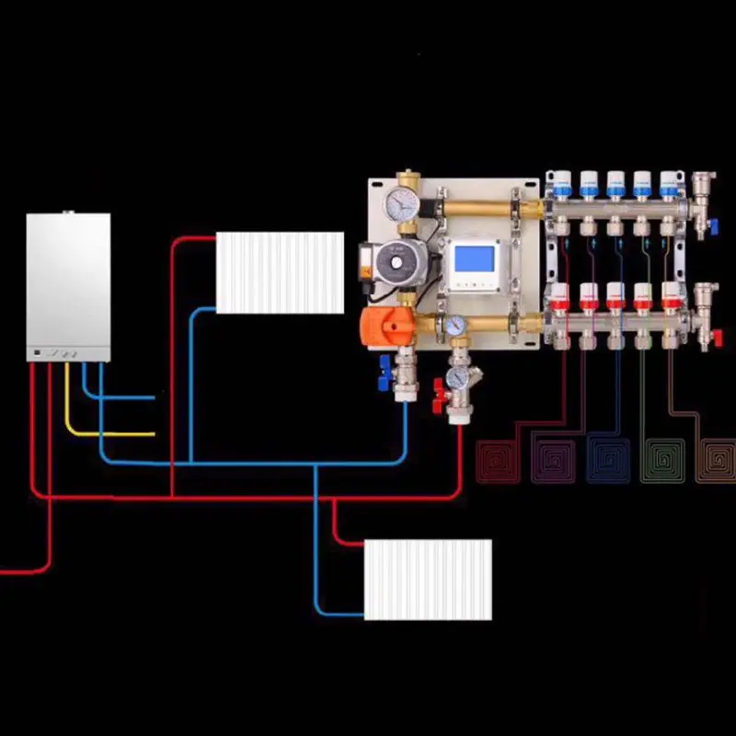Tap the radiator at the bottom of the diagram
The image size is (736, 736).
pyautogui.click(x=428, y=580)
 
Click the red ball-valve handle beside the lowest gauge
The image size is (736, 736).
pyautogui.click(x=436, y=400)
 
